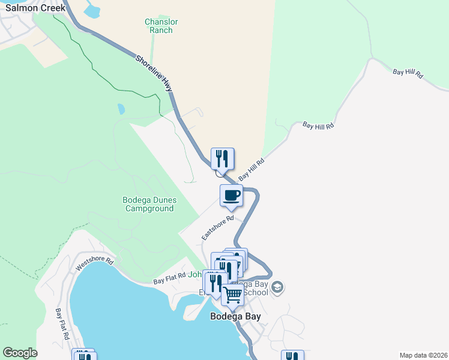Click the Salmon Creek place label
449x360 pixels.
(32, 8)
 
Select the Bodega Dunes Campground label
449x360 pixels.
(148, 204)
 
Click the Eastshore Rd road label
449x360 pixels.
(217, 229)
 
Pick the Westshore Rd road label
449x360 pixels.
(94, 265)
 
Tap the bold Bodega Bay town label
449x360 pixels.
(235, 316)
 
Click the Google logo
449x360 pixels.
(20, 353)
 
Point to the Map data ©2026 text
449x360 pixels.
(423, 355)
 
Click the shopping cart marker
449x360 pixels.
(232, 295)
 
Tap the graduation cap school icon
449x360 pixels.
(277, 287)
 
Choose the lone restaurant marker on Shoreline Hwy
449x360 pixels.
(223, 159)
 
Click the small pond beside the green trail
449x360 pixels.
(121, 109)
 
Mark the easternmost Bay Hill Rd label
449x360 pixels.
(408, 74)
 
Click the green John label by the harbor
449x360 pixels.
(196, 275)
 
